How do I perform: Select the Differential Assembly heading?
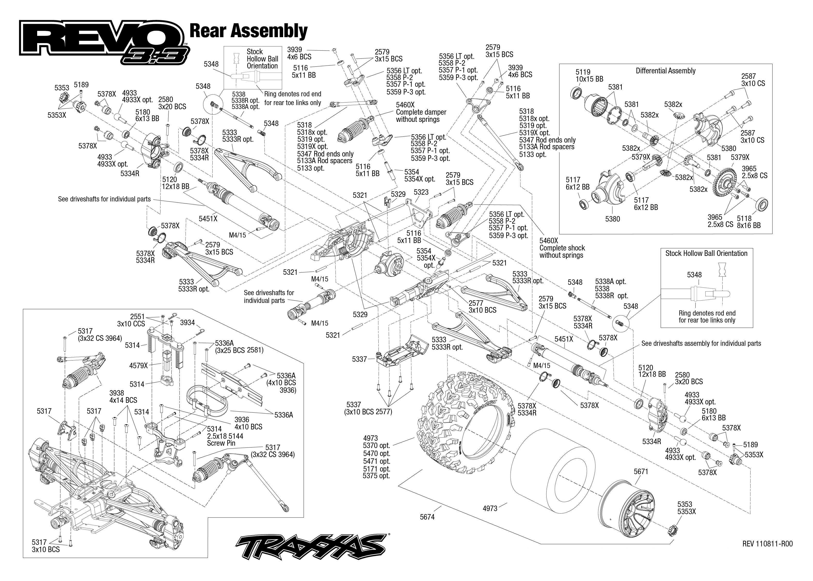click(665, 71)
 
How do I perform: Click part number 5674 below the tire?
click(427, 517)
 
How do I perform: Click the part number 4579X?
click(138, 365)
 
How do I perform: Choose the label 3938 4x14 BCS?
click(123, 396)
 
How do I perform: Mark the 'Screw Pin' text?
click(221, 443)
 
